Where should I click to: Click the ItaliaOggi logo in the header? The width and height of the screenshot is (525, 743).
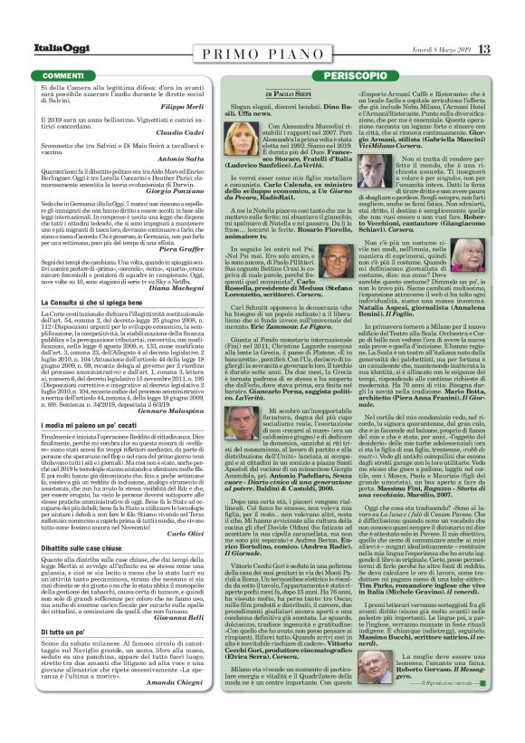tap(53, 48)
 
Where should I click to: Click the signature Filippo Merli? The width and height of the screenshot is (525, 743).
tap(185, 108)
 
